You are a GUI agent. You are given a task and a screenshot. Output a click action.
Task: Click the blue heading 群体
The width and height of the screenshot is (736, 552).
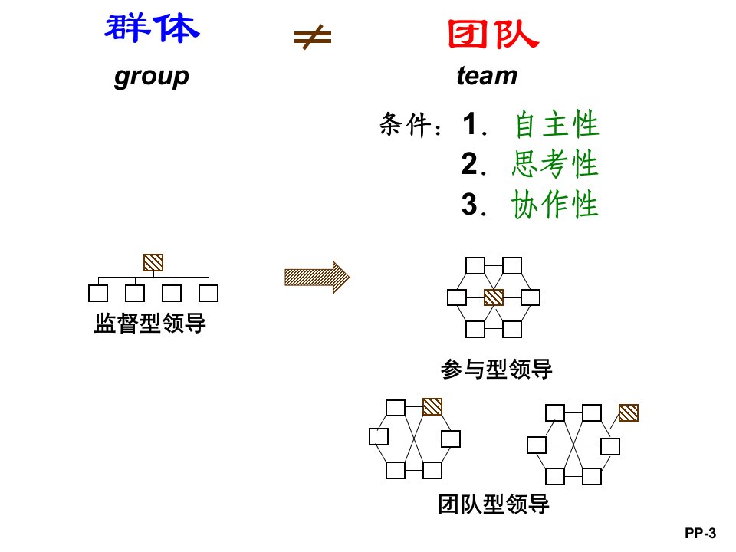point(151,29)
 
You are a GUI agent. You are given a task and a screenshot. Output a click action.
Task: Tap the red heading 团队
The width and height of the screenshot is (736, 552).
point(494,33)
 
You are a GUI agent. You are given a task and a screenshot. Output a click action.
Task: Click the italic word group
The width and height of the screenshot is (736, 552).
point(151,76)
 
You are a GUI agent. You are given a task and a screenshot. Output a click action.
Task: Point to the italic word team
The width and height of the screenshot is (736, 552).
point(487,76)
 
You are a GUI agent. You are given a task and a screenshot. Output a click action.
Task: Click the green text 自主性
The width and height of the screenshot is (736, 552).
point(555,125)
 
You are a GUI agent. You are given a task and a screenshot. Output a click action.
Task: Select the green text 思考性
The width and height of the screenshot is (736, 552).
point(555,165)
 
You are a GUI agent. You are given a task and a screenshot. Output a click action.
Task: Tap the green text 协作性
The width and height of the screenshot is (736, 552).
point(555,205)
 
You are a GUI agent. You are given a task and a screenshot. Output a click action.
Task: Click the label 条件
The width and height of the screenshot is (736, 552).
point(406,127)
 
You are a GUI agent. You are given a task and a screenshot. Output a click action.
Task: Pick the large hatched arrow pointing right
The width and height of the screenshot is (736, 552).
point(317,277)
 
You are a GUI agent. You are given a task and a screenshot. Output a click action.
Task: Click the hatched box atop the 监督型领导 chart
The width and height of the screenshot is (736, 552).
point(153,262)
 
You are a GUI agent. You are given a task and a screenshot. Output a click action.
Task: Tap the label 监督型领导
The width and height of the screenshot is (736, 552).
point(150,324)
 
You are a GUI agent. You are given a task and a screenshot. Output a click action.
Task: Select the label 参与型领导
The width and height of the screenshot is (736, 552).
point(497,370)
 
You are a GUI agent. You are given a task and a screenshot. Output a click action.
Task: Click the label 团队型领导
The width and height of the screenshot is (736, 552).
point(495,504)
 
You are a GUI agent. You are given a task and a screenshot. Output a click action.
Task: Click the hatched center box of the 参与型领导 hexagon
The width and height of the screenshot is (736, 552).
point(494,297)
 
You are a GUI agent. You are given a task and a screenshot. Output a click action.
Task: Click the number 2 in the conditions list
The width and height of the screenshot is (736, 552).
point(469,165)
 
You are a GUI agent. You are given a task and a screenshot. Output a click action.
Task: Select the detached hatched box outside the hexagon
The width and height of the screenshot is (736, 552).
point(629,412)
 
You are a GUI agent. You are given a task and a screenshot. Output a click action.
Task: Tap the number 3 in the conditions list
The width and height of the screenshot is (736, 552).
point(469,205)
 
